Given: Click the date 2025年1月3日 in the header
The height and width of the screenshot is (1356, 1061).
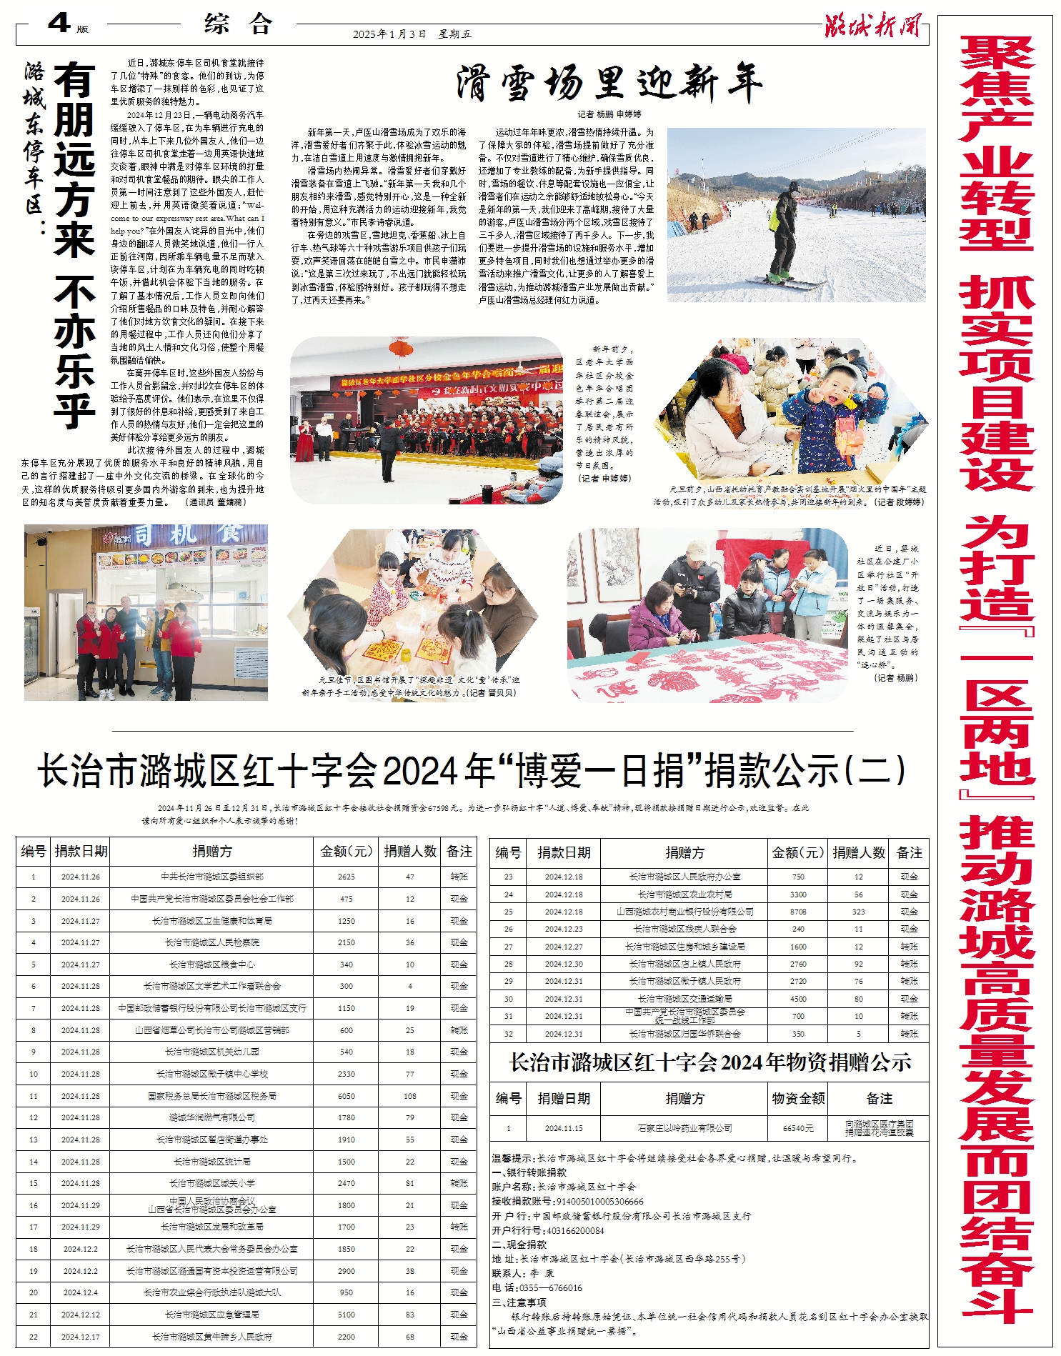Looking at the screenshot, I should point(389,34).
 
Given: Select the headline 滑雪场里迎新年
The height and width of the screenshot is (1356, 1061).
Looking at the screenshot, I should point(609,84).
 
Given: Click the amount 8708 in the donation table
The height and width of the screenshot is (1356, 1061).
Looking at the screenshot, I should point(798,912).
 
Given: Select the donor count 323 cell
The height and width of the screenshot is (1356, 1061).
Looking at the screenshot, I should point(858,912).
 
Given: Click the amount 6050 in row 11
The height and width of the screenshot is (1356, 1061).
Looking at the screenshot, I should point(347,1096).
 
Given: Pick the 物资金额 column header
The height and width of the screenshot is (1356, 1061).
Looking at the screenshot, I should point(798,1099).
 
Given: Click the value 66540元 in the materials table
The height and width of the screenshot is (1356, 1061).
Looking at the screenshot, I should point(798,1128).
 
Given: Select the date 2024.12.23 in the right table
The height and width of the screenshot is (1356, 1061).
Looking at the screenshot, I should point(564,929).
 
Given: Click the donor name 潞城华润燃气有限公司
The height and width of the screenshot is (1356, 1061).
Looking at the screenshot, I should point(212,1117).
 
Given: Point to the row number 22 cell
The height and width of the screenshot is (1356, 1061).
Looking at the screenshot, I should point(34,1337).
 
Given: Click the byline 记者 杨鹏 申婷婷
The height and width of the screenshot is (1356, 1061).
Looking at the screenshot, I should point(609,114).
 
